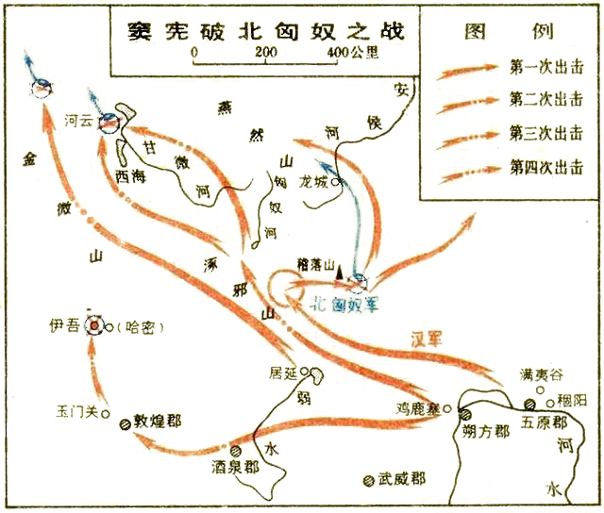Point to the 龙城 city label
pos(313,180)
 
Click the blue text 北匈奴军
pos(346,304)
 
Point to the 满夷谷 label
pos(538,374)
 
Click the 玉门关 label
pos(77,411)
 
